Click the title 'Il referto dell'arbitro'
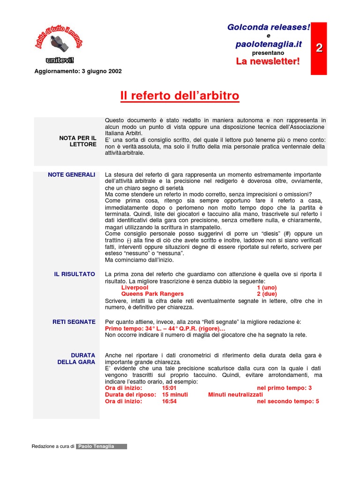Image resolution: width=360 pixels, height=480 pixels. [x=180, y=96]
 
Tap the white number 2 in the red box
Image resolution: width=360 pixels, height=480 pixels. [x=319, y=47]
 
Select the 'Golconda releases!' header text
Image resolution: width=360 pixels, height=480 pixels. [x=269, y=28]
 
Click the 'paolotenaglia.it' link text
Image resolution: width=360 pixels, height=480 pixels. [x=269, y=44]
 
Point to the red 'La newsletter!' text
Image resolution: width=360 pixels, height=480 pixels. [x=268, y=61]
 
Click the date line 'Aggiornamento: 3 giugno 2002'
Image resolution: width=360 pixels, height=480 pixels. [x=78, y=71]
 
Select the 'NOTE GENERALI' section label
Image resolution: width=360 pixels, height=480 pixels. [x=72, y=175]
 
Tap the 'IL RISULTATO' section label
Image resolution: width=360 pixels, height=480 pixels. [x=75, y=274]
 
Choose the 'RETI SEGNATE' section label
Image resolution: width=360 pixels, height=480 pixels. [x=74, y=322]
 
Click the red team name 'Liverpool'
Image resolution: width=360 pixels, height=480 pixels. [x=135, y=287]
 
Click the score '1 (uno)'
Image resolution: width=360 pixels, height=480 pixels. [x=267, y=287]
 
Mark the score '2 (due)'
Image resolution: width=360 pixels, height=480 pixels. [x=267, y=294]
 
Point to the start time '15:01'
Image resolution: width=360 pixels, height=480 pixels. [x=169, y=389]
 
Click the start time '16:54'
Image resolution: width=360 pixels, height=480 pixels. [x=169, y=402]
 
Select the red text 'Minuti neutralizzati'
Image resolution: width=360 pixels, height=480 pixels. [x=236, y=395]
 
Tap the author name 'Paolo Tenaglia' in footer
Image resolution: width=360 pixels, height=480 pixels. [x=102, y=447]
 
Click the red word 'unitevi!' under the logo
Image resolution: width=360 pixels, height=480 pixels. [x=60, y=60]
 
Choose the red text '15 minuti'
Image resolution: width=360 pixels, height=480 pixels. [x=175, y=395]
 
